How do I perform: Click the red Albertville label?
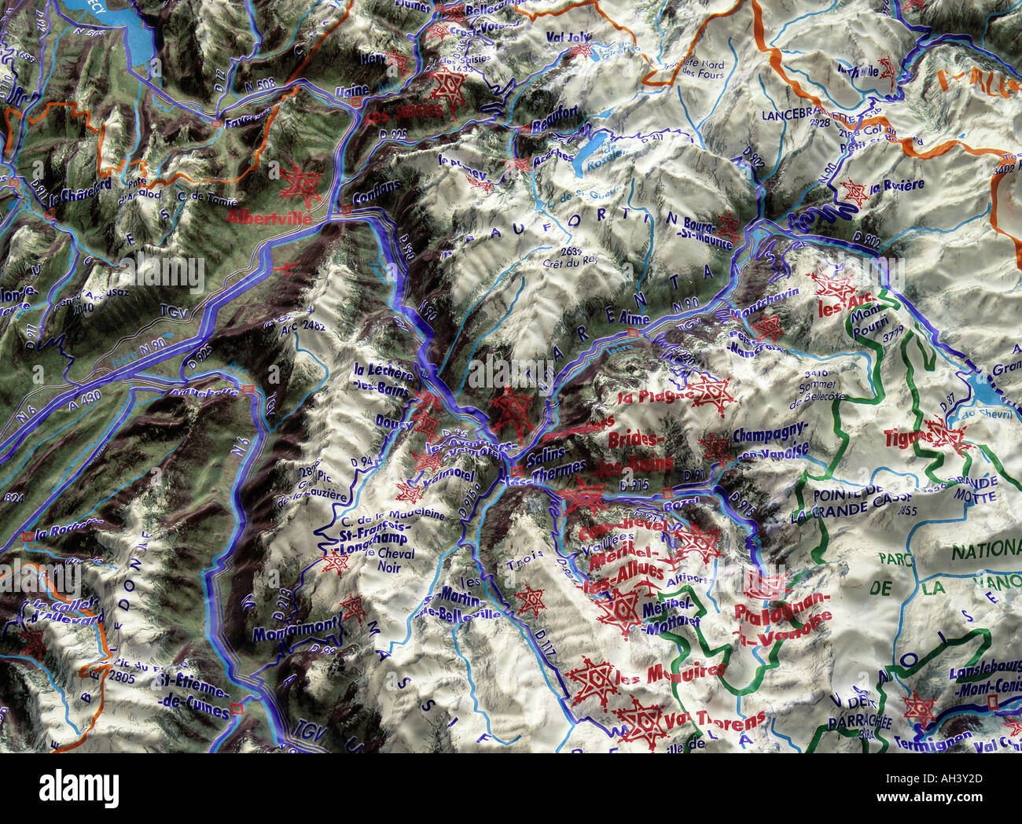click(270, 218)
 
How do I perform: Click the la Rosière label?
click(897, 186)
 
